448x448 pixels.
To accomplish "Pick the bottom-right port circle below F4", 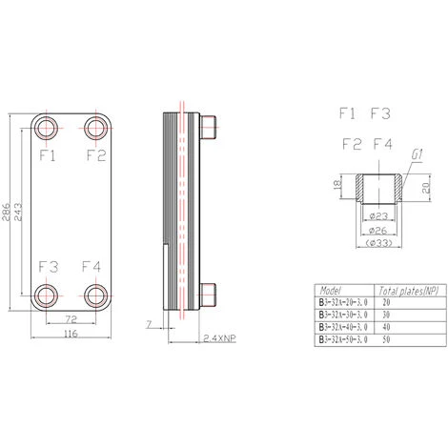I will point(94,294).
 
